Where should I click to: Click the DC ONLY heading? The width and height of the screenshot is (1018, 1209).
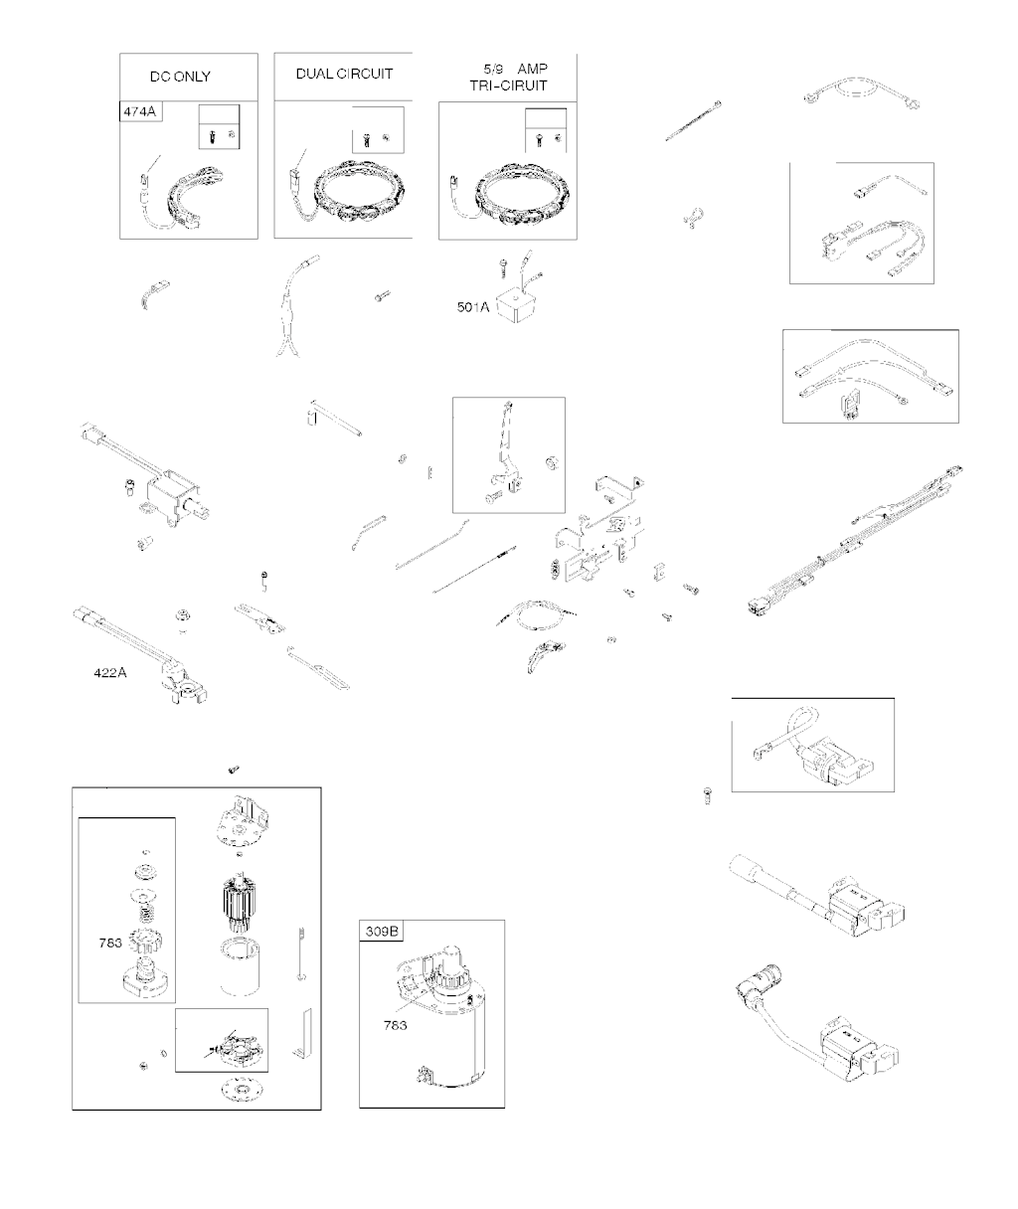click(180, 77)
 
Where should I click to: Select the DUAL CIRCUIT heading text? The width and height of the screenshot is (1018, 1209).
click(344, 74)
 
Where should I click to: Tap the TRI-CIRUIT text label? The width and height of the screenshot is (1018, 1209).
click(508, 86)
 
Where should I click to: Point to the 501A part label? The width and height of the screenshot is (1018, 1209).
click(473, 307)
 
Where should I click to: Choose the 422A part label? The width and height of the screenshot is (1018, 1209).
click(110, 672)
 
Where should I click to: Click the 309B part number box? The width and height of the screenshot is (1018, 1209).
click(381, 932)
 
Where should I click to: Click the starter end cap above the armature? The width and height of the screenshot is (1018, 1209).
click(238, 821)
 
